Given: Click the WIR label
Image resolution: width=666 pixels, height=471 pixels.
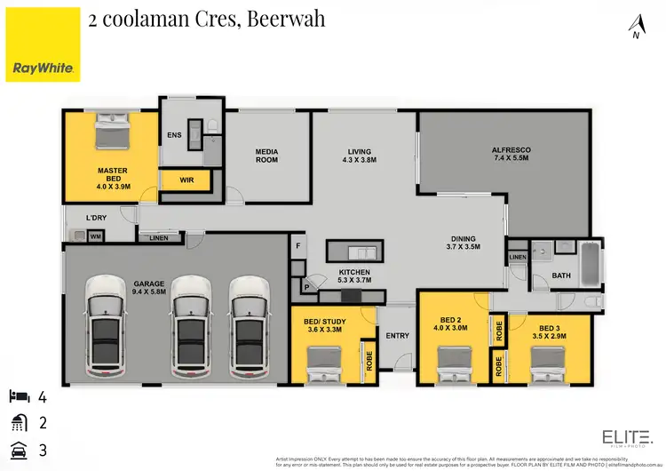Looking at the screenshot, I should pos(186,180).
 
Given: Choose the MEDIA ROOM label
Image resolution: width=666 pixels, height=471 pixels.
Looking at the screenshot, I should pos(266,156).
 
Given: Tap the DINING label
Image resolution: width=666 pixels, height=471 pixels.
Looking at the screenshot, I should pos(463,238).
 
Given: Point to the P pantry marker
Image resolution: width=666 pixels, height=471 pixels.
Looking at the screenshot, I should pos(306,287).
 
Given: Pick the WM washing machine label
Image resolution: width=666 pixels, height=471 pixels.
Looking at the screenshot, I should pos(95,235).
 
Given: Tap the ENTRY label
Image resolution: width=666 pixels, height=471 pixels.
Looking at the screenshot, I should pos(396,336).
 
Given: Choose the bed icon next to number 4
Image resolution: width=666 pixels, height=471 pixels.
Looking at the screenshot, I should pos(20,395).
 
